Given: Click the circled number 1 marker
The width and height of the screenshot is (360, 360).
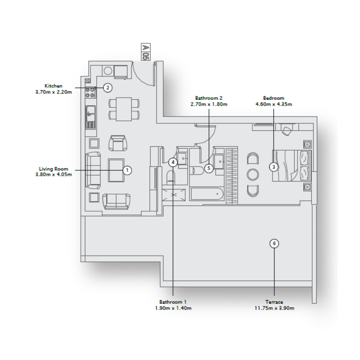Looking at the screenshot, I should (x=127, y=170).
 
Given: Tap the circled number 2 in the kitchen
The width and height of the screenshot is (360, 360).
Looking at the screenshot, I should (x=107, y=87).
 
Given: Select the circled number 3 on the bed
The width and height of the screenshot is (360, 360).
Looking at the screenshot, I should (x=273, y=167).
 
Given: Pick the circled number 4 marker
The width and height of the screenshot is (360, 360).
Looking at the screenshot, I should (x=173, y=162).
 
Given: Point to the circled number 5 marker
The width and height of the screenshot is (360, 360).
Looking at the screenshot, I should (x=208, y=168).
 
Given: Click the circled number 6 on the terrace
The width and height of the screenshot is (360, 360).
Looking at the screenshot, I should (x=274, y=243).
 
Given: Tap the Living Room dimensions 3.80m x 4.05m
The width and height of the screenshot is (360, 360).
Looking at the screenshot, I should (x=53, y=174).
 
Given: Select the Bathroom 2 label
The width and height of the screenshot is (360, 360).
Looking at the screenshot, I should (x=209, y=98).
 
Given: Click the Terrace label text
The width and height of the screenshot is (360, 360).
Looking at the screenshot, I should (x=274, y=302).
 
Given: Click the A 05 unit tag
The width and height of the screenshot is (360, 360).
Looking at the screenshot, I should (x=145, y=52).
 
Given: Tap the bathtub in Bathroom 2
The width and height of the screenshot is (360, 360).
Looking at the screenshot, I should (x=207, y=194).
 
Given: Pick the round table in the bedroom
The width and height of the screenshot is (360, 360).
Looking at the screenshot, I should (x=253, y=174).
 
